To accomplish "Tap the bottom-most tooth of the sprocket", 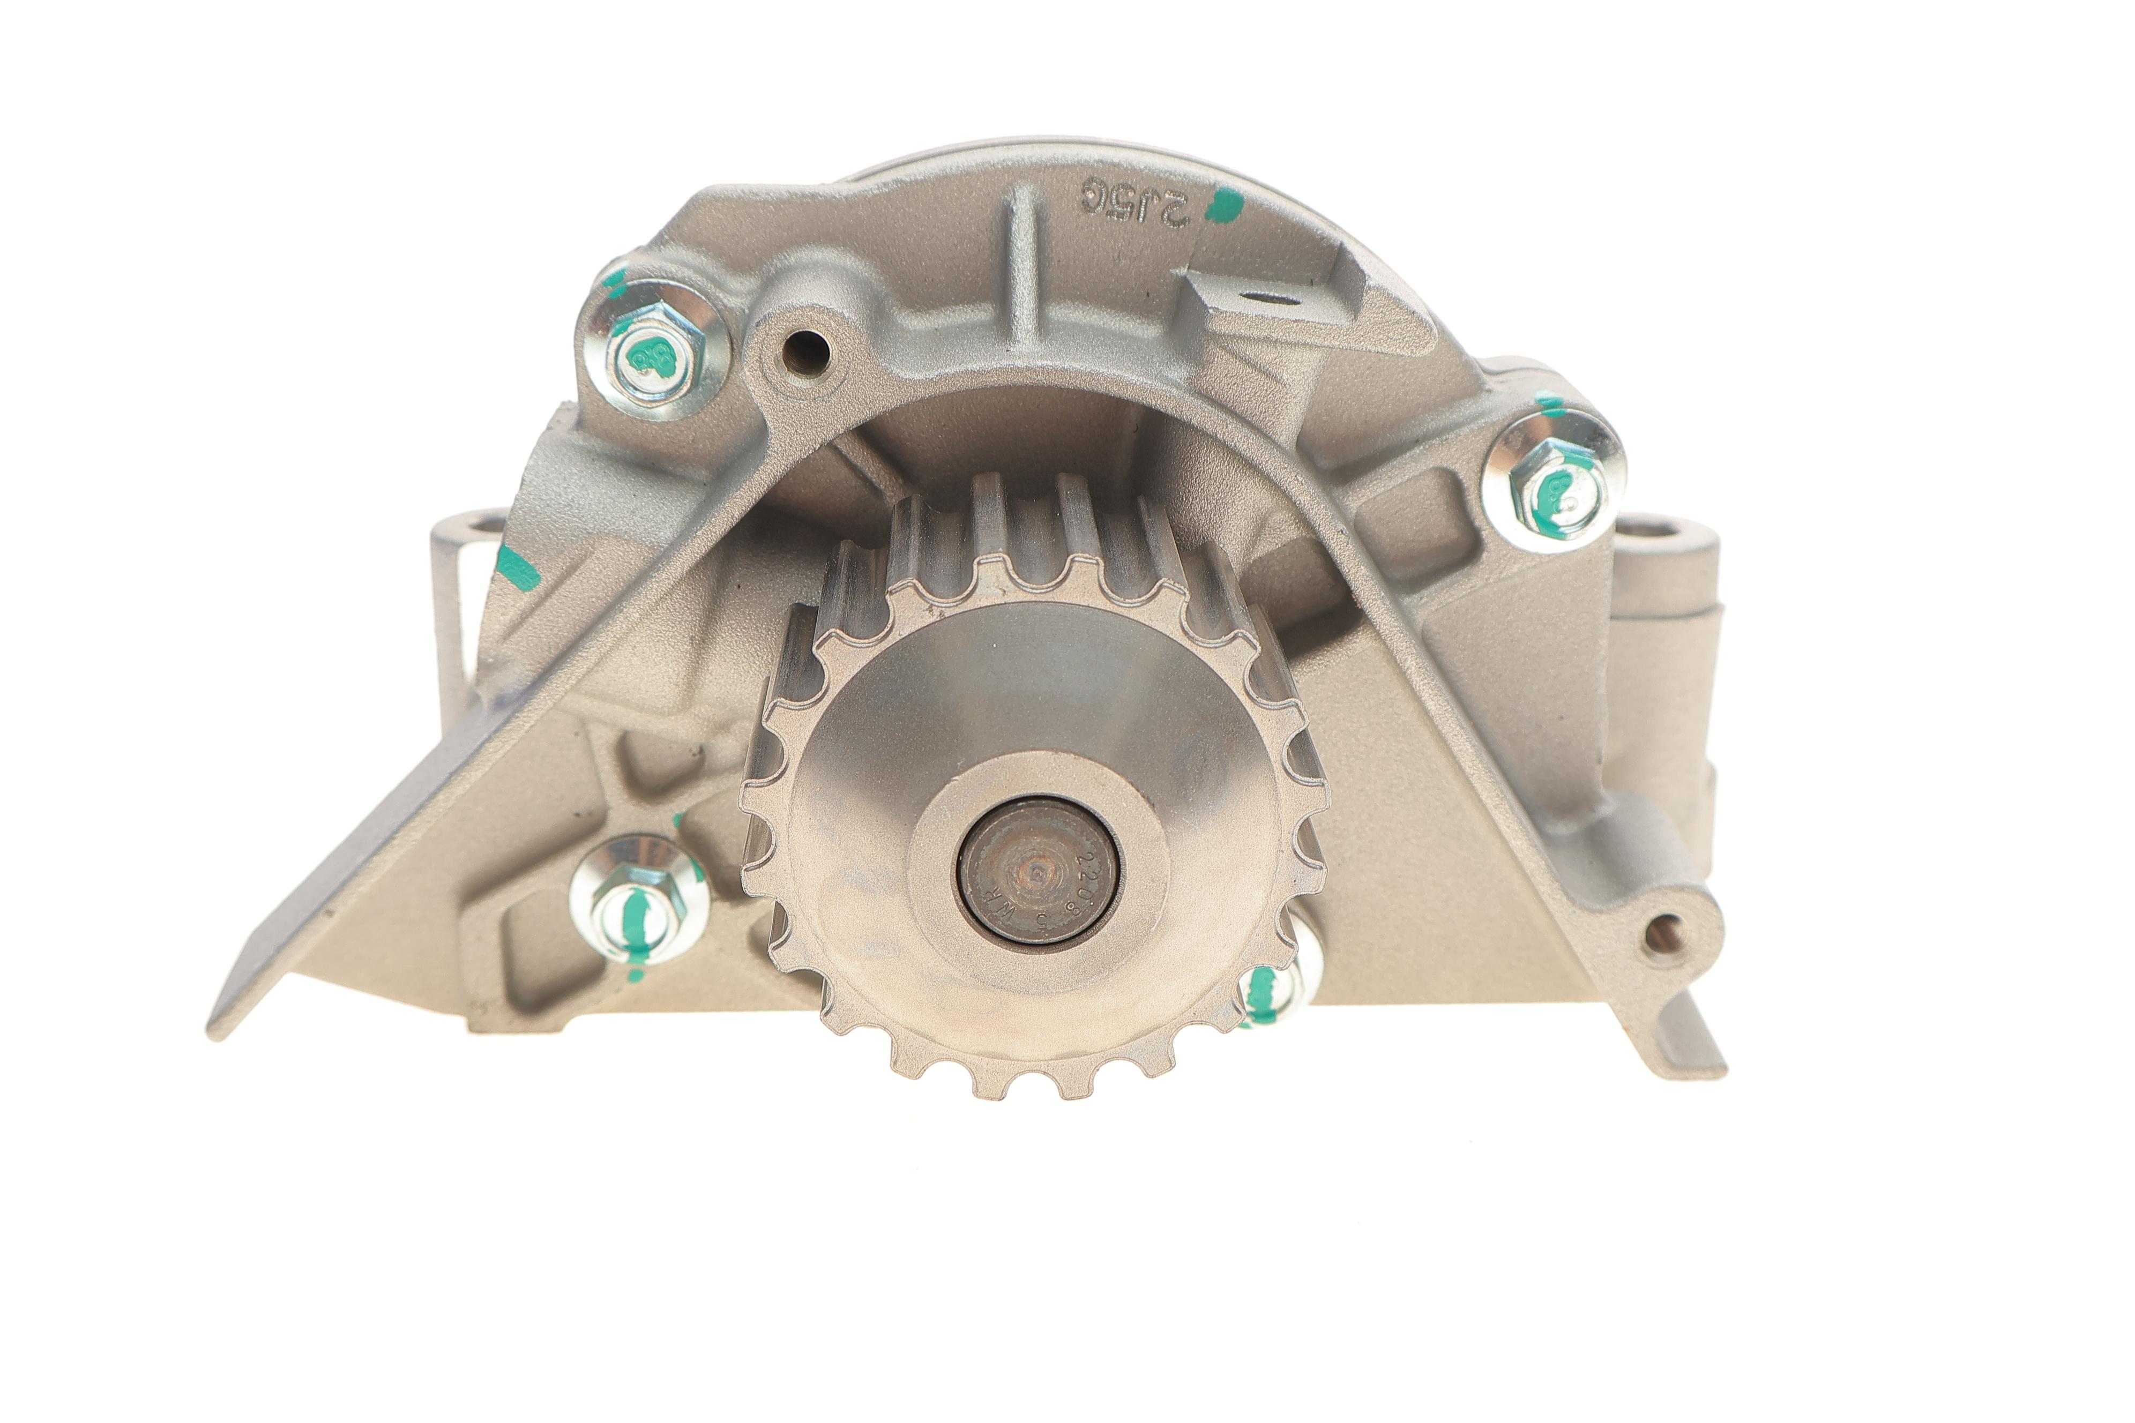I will coord(1032,1087).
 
